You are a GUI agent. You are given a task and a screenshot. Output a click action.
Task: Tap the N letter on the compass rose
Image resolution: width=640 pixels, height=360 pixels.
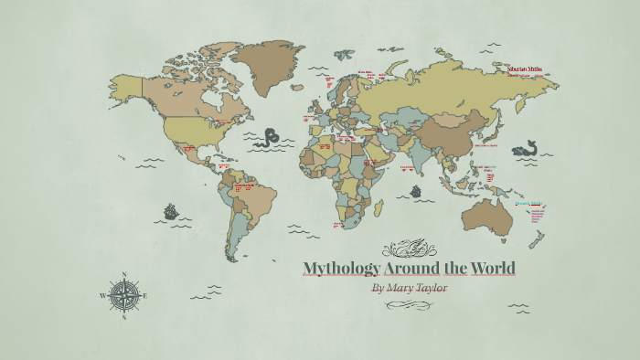pos(123,274)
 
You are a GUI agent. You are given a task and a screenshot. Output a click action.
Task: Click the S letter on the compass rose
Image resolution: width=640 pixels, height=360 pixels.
pos(123,318)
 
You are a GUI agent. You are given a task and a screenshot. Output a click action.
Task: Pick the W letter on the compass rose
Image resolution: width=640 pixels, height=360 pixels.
pos(101,295)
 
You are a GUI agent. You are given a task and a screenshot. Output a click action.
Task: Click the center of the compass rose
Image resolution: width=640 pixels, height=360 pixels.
pos(123,295)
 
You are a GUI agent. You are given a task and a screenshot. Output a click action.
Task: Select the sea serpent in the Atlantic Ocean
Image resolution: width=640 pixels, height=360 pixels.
pos(267,138)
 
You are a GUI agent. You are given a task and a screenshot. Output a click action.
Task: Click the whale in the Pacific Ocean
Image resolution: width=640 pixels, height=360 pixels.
pos(524,148)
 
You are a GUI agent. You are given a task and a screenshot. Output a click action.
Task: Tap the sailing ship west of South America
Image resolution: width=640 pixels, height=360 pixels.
pos(171,212)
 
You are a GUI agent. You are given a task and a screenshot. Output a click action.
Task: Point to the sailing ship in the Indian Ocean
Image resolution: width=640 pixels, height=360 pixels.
pos(416,192)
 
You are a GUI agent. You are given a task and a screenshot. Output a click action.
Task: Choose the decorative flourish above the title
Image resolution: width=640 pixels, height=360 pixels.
pos(409,247)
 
